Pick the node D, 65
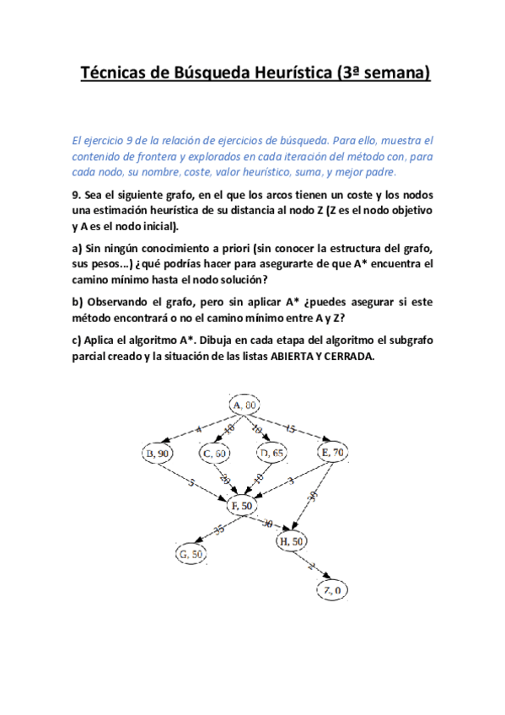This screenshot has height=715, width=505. pyautogui.click(x=272, y=454)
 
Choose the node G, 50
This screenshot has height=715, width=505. pyautogui.click(x=191, y=554)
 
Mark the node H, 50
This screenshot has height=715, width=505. pyautogui.click(x=293, y=540)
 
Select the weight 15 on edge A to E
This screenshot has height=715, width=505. pyautogui.click(x=291, y=429)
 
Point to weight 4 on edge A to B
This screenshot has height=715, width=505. pyautogui.click(x=199, y=430)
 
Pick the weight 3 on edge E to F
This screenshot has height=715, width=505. pyautogui.click(x=290, y=481)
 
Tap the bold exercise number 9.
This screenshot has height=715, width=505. pyautogui.click(x=74, y=193)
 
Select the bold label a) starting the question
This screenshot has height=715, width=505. pyautogui.click(x=78, y=248)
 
